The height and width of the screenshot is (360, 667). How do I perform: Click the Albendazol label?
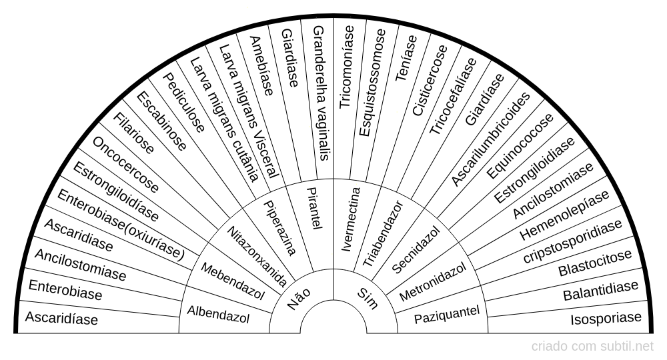coord(218,315)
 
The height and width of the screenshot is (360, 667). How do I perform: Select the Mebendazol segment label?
coord(233,281)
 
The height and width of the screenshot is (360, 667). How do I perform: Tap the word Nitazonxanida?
coord(257,256)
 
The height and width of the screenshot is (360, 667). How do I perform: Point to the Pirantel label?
coord(314,208)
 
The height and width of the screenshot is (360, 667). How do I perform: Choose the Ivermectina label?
coord(351,219)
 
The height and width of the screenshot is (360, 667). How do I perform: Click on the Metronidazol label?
coord(433,281)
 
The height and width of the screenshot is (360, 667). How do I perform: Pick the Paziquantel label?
coord(447,315)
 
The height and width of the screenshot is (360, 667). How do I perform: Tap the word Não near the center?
coord(299,299)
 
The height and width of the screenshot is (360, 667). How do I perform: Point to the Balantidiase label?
coord(601,291)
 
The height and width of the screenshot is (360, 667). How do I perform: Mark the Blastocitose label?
coord(595,263)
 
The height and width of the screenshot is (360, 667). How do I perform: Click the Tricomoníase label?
coord(347,67)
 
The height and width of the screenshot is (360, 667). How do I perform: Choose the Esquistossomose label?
coord(373,83)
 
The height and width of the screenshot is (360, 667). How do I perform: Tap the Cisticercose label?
coord(430,80)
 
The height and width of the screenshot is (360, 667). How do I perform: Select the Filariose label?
coord(133,133)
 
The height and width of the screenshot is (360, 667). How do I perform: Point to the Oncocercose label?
coord(125,165)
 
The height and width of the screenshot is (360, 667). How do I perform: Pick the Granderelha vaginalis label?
coord(321,93)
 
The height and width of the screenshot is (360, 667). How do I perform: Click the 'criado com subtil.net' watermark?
coord(592,347)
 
